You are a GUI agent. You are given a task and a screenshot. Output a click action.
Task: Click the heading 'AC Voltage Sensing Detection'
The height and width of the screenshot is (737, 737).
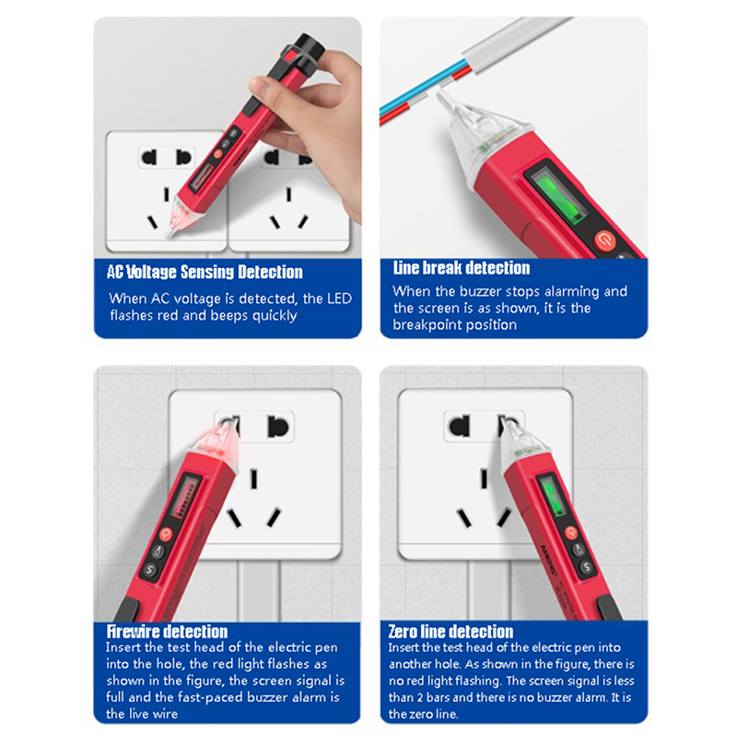pyautogui.click(x=205, y=272)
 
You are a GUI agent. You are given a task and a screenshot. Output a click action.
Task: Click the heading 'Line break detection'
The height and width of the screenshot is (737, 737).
pyautogui.click(x=462, y=268)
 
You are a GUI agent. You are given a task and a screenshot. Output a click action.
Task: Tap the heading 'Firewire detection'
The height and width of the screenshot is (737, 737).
pyautogui.click(x=167, y=631)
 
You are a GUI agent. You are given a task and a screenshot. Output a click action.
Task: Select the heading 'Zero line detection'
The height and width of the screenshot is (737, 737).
pyautogui.click(x=450, y=631)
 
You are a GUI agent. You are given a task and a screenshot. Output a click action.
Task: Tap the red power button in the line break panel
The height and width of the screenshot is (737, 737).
pyautogui.click(x=605, y=240)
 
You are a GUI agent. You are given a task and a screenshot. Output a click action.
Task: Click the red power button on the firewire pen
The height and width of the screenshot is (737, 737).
pyautogui.click(x=166, y=533)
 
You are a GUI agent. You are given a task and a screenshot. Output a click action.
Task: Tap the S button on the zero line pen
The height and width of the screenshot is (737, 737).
pyautogui.click(x=586, y=567)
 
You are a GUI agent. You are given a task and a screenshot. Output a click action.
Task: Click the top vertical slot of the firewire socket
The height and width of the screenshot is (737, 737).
pyautogui.click(x=254, y=478)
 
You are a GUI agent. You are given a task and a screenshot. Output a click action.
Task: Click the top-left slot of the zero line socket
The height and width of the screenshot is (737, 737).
pyautogui.click(x=460, y=426)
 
